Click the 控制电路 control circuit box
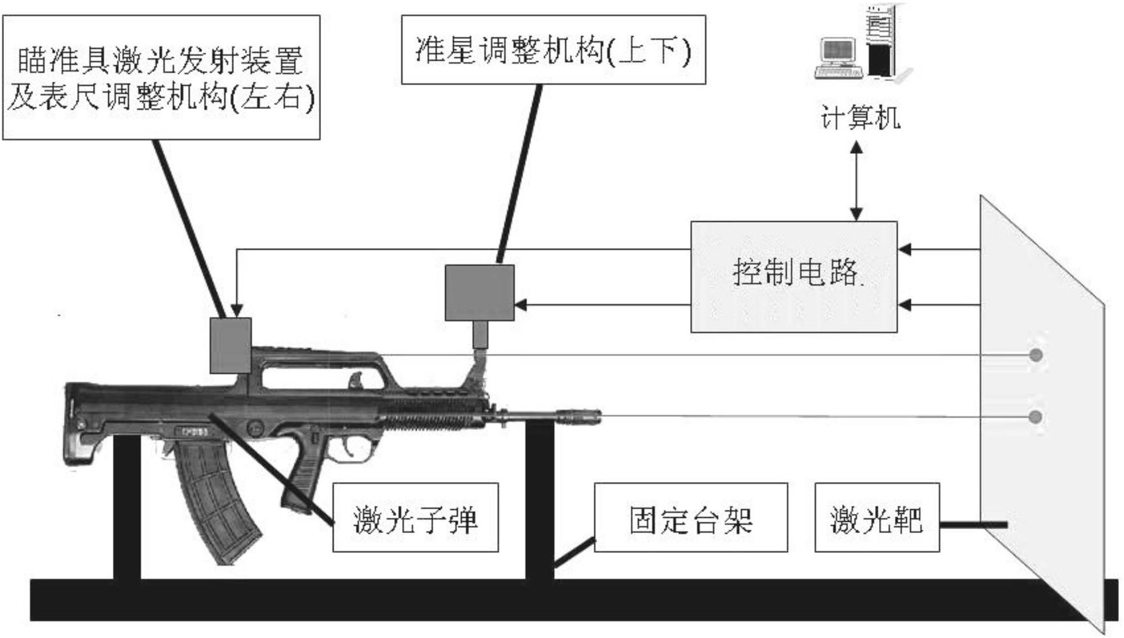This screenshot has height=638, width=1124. point(793,277)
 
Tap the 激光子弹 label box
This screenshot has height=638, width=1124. point(415,517)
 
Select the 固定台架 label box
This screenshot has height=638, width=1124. point(690,517)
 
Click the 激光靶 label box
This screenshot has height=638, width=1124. point(877,517)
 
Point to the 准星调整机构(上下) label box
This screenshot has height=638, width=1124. point(553,50)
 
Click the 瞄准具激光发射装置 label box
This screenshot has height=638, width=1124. point(161,77)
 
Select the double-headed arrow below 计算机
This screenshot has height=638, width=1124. point(856,180)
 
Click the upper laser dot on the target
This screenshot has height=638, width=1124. point(1036,356)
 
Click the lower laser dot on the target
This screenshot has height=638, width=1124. point(1035,417)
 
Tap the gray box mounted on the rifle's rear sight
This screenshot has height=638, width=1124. point(230,345)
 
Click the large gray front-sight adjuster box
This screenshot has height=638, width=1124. point(479,293)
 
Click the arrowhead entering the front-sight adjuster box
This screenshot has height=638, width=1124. point(520,305)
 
